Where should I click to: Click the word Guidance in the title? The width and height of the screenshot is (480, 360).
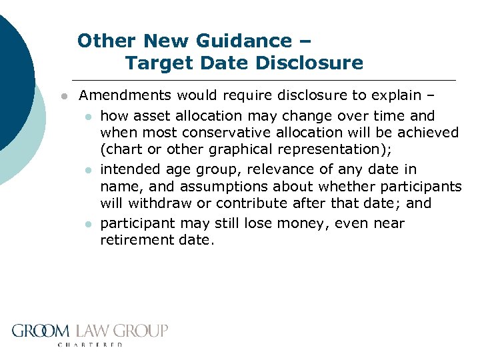click(241, 41)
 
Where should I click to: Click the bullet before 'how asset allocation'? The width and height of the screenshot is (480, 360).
click(87, 117)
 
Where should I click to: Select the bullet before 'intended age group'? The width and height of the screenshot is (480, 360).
click(87, 171)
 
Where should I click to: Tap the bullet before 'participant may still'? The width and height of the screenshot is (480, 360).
click(87, 224)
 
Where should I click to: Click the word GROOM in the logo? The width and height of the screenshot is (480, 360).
click(41, 331)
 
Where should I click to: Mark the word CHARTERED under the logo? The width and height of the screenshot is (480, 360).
click(91, 345)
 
